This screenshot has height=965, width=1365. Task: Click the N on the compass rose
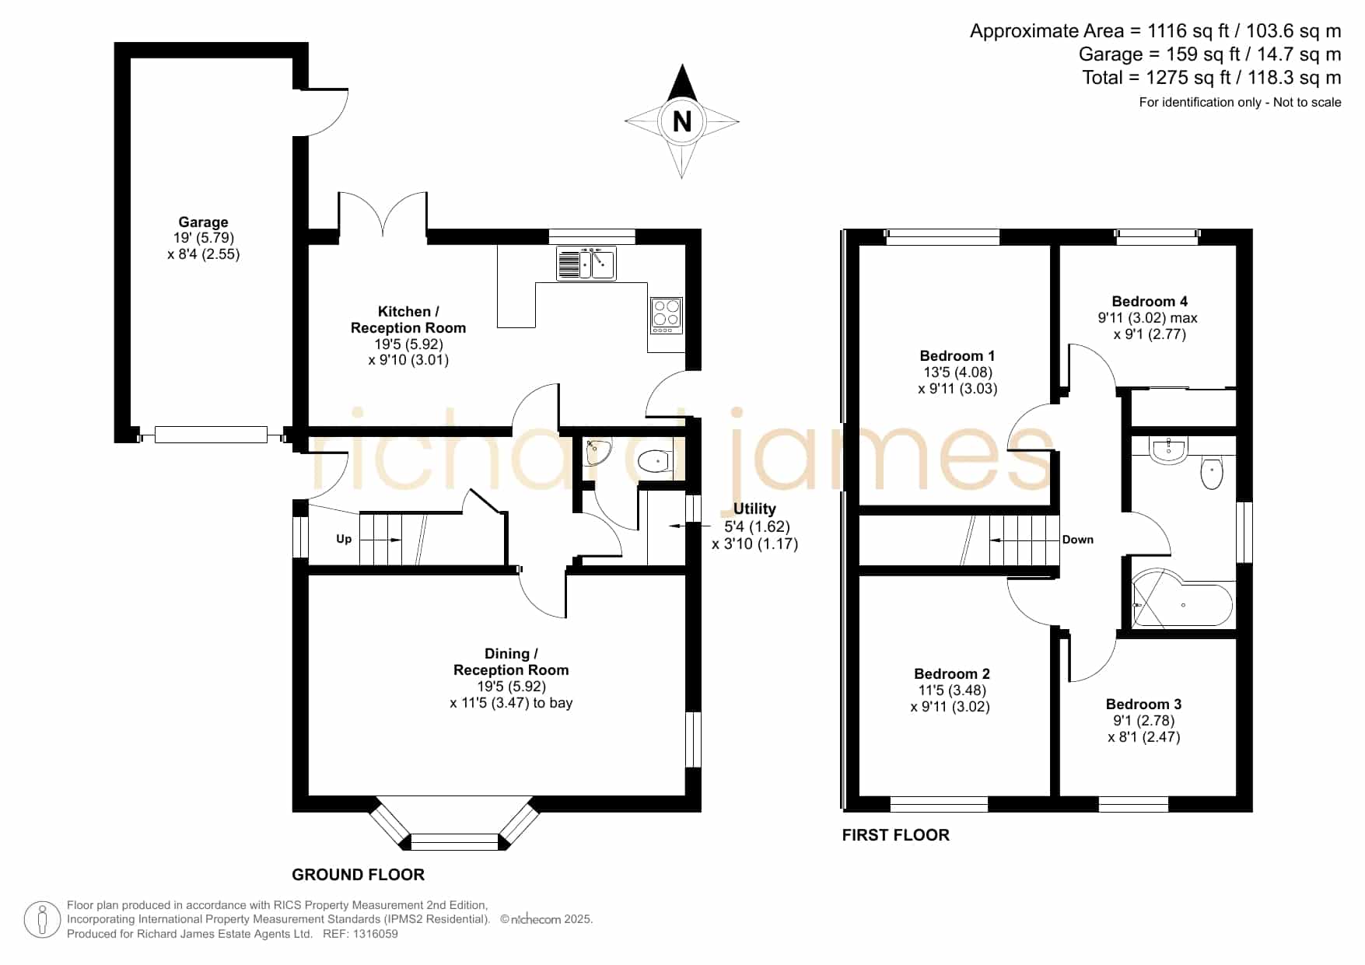(x=682, y=121)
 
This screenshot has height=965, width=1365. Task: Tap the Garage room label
(x=203, y=222)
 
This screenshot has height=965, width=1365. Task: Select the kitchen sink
(x=586, y=263)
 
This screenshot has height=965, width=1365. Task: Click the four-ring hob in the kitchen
(x=667, y=316)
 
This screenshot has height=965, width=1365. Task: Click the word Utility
(x=754, y=509)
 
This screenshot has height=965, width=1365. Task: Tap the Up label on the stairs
(x=344, y=539)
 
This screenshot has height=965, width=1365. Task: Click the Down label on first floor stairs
(x=1078, y=540)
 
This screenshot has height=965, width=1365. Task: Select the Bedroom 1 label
(x=957, y=356)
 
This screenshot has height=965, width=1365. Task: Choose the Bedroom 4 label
(x=1150, y=302)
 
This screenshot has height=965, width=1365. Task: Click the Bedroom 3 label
(x=1143, y=705)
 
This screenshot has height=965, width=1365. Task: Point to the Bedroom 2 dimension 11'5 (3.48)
(x=952, y=691)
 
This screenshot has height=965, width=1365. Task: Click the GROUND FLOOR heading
(x=359, y=875)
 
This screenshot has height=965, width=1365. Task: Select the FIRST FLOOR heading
(x=896, y=835)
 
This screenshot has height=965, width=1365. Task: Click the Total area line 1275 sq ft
(x=1212, y=78)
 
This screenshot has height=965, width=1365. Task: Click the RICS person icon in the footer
(x=42, y=920)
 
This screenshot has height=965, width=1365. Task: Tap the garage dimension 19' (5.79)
(x=204, y=238)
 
